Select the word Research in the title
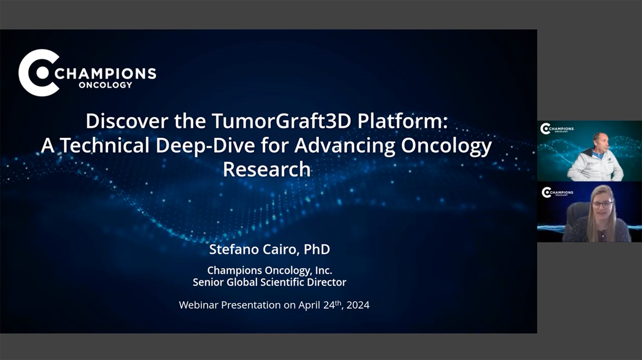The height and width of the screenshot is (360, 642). coord(267,169)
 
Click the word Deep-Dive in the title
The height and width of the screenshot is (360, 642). coord(205,146)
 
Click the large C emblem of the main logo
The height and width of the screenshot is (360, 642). coord(39,73)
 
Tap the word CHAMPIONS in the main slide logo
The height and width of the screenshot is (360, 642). coord(105,74)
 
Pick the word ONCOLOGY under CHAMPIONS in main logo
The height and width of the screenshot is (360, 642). coord(105,85)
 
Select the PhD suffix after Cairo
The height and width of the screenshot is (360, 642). coord(317,250)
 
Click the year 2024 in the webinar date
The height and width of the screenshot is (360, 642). coord(358,305)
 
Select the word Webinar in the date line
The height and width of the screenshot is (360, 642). coord(199,305)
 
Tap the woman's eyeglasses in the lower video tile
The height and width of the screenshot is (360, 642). coord(603,204)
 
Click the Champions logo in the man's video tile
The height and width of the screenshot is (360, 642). coord(556,129)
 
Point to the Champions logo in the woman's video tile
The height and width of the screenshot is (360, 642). coord(557,192)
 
